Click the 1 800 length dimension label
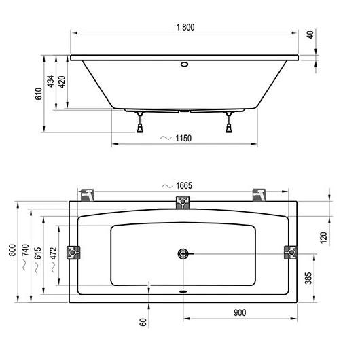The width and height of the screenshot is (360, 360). tap(185, 27)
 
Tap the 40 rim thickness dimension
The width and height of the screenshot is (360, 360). tap(310, 35)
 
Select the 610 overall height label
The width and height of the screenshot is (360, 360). tap(39, 94)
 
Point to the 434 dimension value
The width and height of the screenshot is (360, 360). tap(50, 82)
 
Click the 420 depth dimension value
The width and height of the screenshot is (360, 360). tap(62, 82)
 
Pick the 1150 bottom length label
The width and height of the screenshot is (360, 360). tap(183, 139)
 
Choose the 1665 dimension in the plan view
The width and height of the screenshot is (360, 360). tap(184, 185)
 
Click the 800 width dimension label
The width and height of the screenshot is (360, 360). tap(12, 250)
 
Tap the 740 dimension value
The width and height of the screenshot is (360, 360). tap(25, 250)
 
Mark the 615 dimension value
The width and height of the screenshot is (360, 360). tap(37, 253)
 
